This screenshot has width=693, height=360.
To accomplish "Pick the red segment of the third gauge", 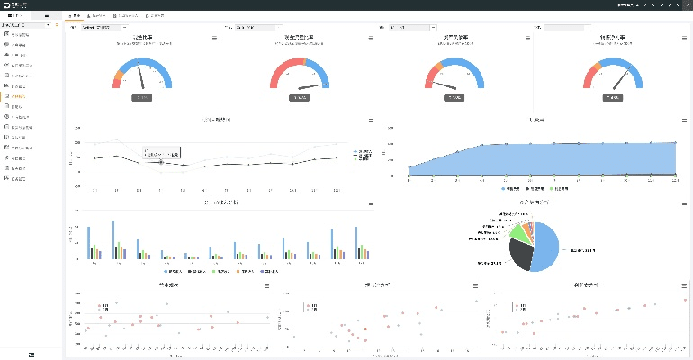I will (429, 79).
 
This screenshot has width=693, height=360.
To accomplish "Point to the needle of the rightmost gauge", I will (618, 79).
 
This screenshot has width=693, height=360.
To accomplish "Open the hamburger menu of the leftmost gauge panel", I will (214, 38).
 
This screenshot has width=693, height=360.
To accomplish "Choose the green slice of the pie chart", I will (517, 232).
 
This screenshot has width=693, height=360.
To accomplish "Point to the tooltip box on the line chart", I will (162, 153).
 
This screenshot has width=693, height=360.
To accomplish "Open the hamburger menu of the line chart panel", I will (371, 120).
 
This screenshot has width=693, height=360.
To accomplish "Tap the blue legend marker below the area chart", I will (505, 190).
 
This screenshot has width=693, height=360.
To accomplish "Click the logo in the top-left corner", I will (7, 4).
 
